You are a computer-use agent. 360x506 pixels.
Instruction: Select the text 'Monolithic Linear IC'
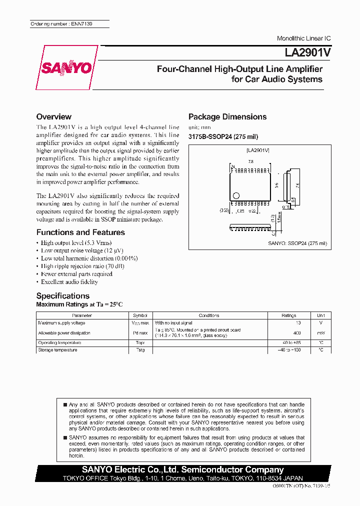coord(303,38)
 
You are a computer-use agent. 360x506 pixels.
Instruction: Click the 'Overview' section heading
coord(54,116)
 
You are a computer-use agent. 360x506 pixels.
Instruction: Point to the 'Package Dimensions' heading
coord(227,116)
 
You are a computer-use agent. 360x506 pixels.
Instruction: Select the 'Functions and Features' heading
coord(80,232)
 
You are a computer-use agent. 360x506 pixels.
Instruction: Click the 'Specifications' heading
coord(63,295)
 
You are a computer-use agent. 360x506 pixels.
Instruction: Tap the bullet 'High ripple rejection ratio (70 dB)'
coord(82,266)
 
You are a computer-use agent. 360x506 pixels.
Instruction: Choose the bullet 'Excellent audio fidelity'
coord(69,281)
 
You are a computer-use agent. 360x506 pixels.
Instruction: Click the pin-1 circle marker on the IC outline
coord(237,195)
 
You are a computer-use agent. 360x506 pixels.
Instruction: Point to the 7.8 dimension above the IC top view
coord(251,161)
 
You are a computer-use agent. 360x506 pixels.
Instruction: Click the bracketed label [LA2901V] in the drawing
coord(258,150)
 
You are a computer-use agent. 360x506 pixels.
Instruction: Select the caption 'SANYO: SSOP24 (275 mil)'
coord(297,243)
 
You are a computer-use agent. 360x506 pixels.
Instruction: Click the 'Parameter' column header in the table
coord(82,315)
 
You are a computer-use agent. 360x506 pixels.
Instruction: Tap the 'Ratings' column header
coord(288,315)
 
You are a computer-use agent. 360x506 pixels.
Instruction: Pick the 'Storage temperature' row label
coord(57,350)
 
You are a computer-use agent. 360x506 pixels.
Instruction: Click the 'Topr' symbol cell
coord(140,342)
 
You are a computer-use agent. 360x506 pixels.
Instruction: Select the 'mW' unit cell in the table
coord(320,332)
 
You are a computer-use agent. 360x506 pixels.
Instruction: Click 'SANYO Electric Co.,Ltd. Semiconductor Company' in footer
coord(182,469)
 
